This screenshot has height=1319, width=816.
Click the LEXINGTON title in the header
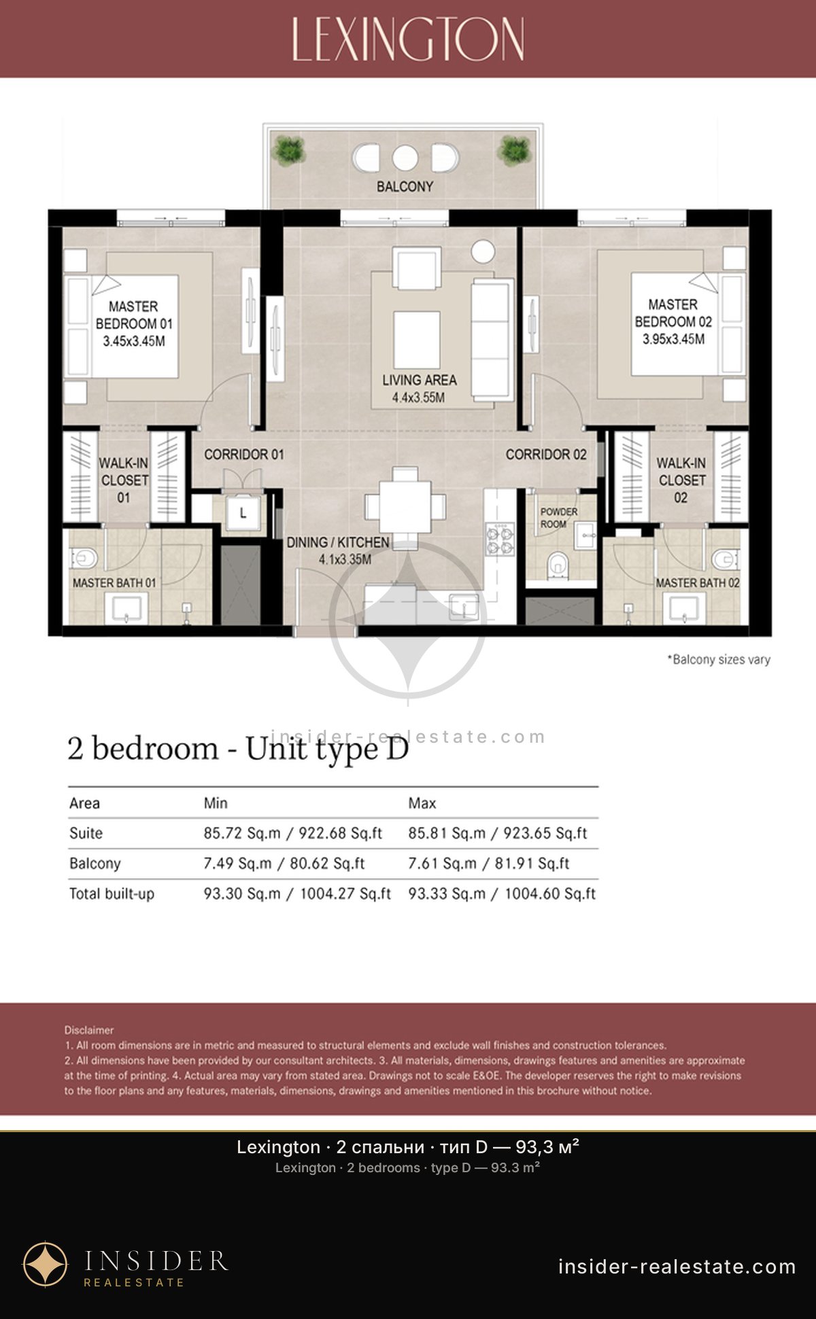pyautogui.click(x=408, y=39)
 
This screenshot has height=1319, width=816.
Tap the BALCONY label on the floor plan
pyautogui.click(x=405, y=186)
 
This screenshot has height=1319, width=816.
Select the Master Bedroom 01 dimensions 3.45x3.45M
pyautogui.click(x=134, y=341)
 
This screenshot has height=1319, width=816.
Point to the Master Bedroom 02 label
pyautogui.click(x=673, y=313)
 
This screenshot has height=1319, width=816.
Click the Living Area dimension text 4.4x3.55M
pyautogui.click(x=418, y=398)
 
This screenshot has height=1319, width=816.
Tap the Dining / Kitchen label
pyautogui.click(x=338, y=542)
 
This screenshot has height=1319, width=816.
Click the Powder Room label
pyautogui.click(x=558, y=518)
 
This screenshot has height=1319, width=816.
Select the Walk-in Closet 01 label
pyautogui.click(x=124, y=480)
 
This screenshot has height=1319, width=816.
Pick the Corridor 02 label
pyautogui.click(x=546, y=454)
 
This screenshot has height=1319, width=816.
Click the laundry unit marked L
pyautogui.click(x=243, y=513)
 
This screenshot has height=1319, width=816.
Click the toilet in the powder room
pyautogui.click(x=558, y=563)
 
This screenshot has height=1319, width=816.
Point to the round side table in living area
pyautogui.click(x=483, y=251)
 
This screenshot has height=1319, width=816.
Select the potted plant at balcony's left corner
pyautogui.click(x=290, y=151)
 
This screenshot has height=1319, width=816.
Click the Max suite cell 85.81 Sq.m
pyautogui.click(x=447, y=833)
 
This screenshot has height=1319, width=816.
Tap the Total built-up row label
pyautogui.click(x=112, y=894)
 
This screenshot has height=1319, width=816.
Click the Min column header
pyautogui.click(x=216, y=803)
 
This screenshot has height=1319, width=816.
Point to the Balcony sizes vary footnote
pyautogui.click(x=719, y=659)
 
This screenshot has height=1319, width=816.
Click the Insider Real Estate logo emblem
pyautogui.click(x=46, y=1265)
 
